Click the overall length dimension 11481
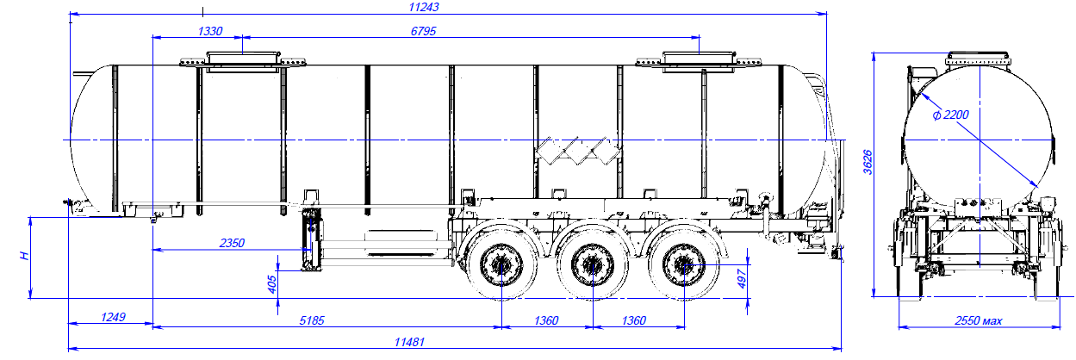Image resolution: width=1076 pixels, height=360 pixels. pos(410,342)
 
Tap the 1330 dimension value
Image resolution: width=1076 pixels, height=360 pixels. pos(209,31)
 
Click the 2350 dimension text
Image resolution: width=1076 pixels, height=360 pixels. pos(230,244)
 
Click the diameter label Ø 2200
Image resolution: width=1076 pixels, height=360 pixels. pos(951,115)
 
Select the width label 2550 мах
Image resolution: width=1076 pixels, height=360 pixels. pos(979,320)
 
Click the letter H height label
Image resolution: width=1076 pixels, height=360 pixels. pos(26,255)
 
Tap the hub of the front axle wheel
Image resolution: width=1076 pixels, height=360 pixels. pos(501,264)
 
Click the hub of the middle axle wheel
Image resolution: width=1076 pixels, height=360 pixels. pos(592,264)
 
